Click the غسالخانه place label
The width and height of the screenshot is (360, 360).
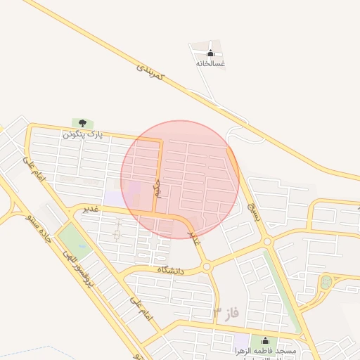coord(211,63)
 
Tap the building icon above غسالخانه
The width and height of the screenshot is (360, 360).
coord(211,53)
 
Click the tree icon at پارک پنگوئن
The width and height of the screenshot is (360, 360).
coord(83,124)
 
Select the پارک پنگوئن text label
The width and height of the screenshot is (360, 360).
coord(83,134)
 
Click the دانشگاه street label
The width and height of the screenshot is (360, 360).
coord(172,269)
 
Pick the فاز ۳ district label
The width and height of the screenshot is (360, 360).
coord(228,310)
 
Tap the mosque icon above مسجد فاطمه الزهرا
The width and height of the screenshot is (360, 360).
coord(264,340)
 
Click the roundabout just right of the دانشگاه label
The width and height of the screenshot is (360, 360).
coord(207,266)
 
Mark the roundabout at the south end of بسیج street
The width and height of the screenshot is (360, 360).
coord(268,242)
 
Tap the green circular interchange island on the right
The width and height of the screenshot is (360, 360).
coord(326,283)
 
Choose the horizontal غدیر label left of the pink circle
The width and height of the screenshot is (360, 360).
coord(91,209)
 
